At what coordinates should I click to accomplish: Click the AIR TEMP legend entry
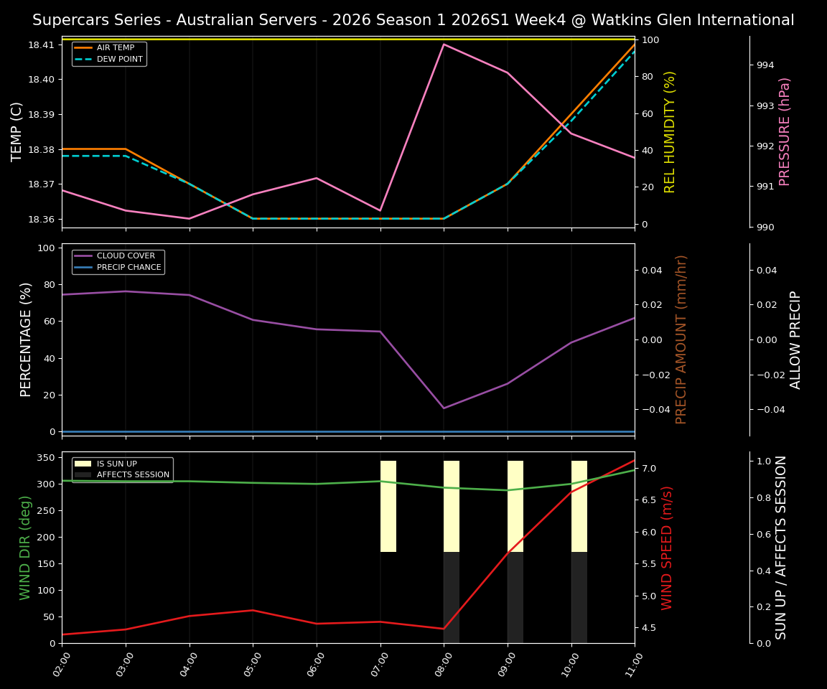[115, 48]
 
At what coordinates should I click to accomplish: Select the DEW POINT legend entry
[119, 59]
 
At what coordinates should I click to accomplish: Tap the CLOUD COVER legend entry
[126, 256]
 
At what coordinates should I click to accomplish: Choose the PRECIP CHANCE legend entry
[129, 267]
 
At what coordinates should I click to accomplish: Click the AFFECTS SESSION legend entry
[133, 474]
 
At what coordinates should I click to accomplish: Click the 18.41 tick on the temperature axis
[40, 45]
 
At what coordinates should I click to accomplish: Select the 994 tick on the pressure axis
[765, 65]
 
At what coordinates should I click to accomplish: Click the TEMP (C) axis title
[17, 131]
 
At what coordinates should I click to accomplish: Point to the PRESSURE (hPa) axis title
[785, 131]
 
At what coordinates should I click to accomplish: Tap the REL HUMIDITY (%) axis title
[670, 131]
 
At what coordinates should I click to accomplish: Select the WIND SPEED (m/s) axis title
[667, 547]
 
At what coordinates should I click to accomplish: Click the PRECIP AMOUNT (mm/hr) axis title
[681, 339]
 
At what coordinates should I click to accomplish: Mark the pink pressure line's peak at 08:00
[444, 44]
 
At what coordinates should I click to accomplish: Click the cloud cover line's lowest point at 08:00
[444, 408]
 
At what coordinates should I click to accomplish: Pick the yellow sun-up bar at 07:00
[388, 506]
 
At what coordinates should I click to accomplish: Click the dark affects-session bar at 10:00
[579, 597]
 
